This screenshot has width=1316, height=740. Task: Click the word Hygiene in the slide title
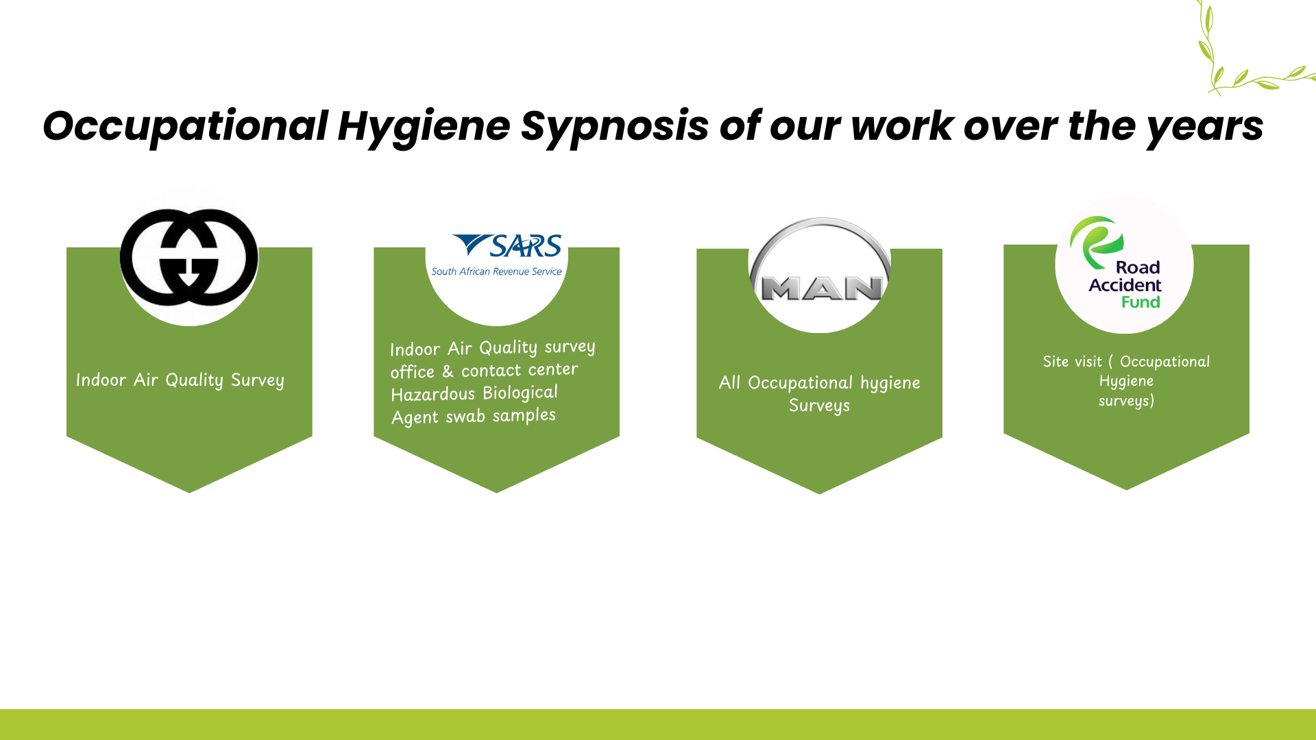tap(424, 127)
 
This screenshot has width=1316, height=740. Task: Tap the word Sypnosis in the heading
tap(614, 127)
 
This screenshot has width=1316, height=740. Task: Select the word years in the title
tap(1205, 127)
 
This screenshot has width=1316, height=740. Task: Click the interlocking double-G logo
tap(189, 257)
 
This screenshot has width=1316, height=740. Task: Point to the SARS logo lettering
tap(507, 246)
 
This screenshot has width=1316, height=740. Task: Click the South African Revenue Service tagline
tap(496, 271)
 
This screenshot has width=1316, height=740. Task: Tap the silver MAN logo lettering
tap(822, 288)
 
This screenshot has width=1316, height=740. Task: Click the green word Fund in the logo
tap(1141, 302)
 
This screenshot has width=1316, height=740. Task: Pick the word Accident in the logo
tap(1125, 285)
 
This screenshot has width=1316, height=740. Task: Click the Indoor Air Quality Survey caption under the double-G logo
tap(180, 380)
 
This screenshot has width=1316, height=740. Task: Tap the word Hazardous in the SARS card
tap(432, 395)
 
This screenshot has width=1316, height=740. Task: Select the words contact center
tap(520, 371)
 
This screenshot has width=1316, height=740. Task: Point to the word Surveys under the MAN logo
tap(819, 406)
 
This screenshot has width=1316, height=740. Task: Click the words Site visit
tap(1072, 362)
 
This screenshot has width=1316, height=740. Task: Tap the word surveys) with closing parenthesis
tap(1126, 401)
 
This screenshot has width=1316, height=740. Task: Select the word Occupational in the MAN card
tap(800, 383)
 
